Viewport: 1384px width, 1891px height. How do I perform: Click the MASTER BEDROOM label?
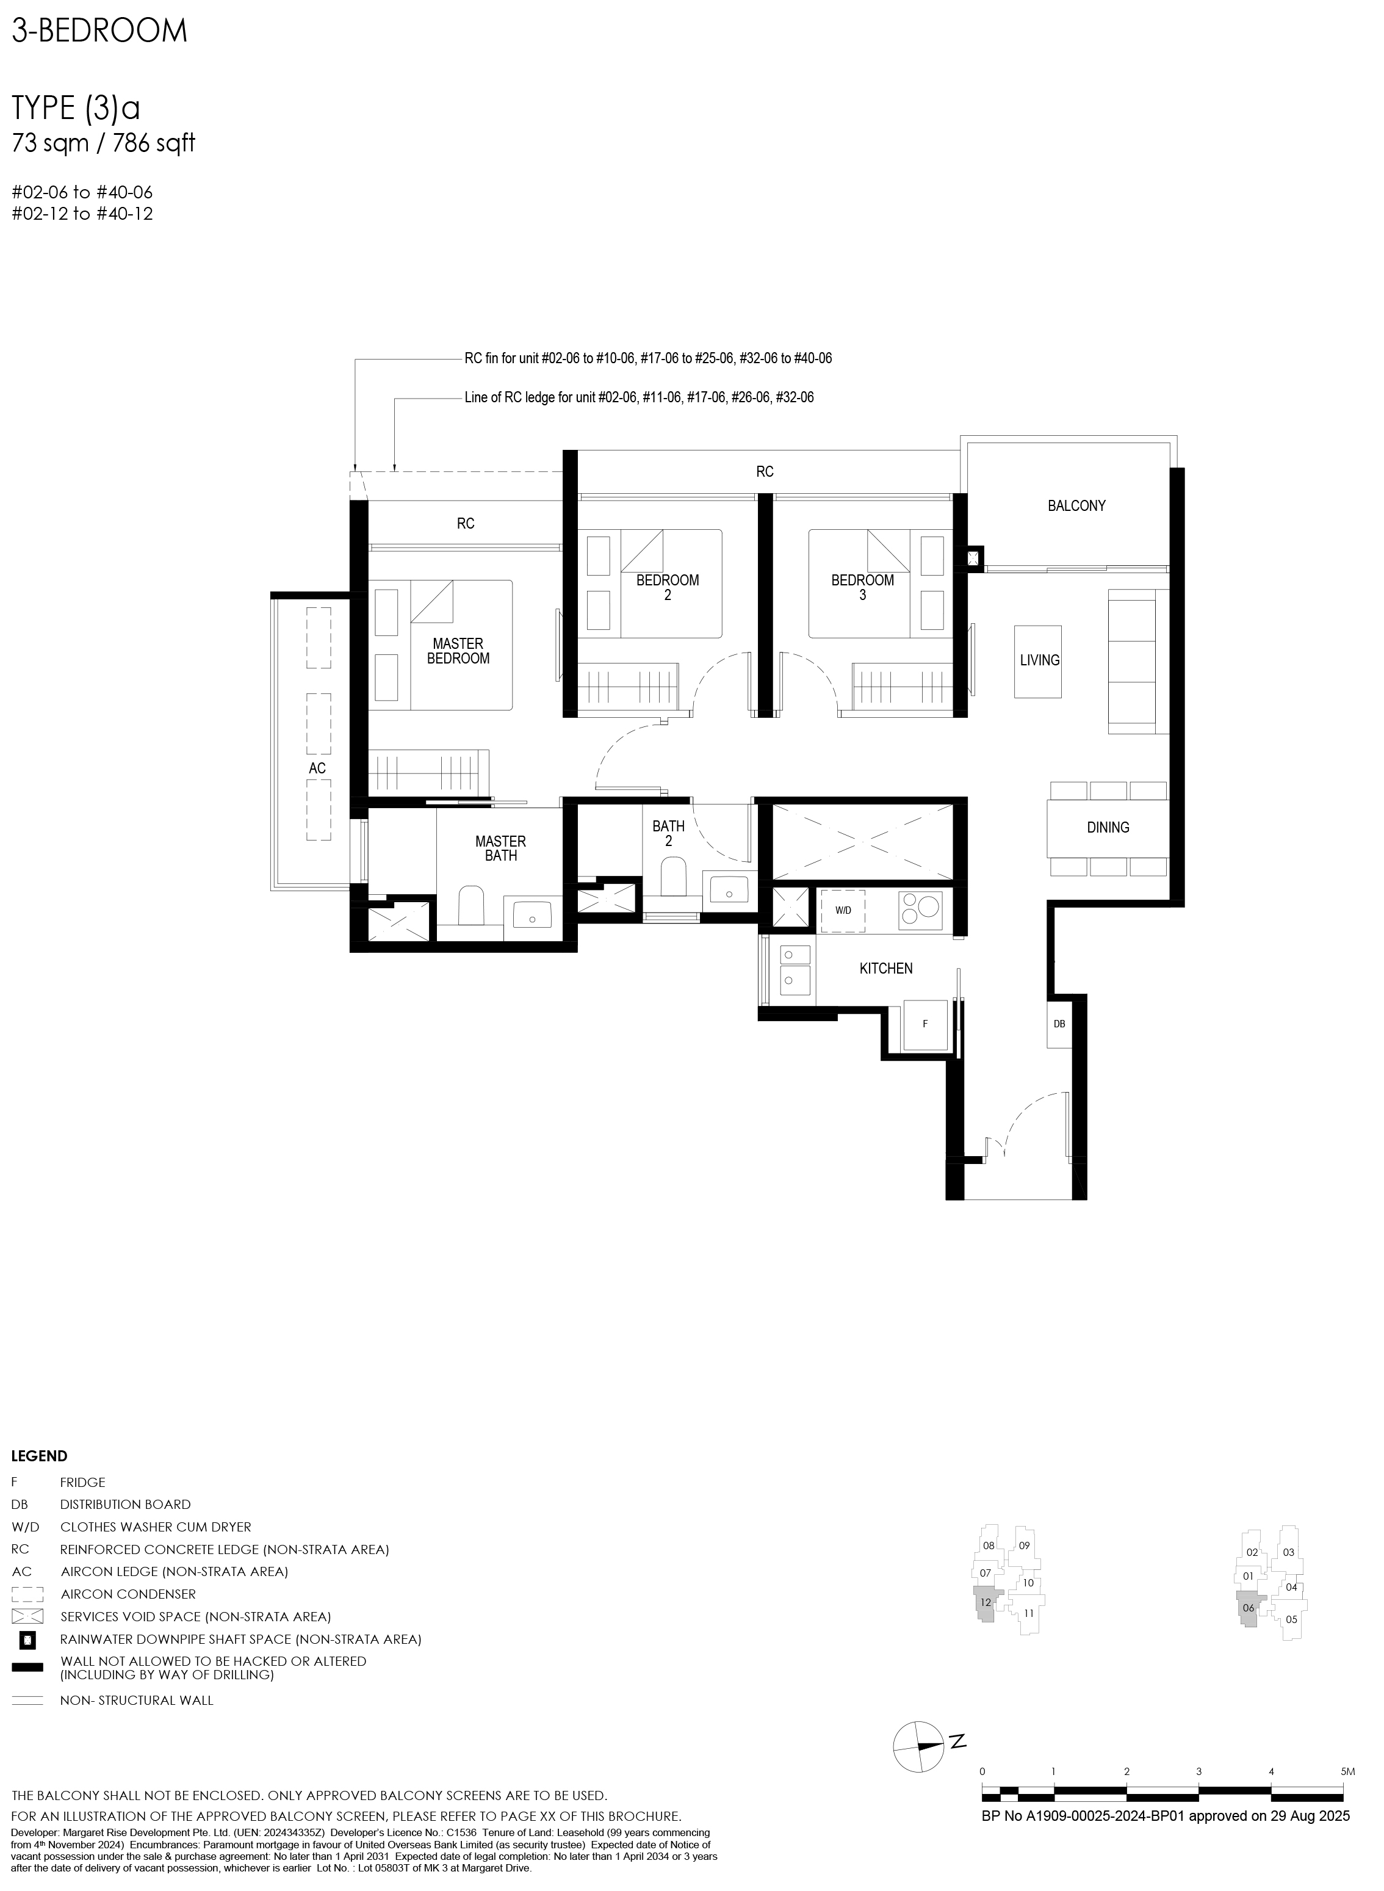click(458, 651)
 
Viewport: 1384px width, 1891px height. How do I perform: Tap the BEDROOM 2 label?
click(668, 587)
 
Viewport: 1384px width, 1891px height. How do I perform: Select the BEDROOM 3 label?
click(863, 587)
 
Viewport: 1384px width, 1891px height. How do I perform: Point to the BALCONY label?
click(1076, 506)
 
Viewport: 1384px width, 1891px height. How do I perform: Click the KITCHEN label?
click(887, 969)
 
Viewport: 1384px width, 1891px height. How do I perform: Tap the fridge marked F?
click(925, 1025)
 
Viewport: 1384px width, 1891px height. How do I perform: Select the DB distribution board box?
click(1059, 1023)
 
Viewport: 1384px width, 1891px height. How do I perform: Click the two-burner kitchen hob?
click(921, 911)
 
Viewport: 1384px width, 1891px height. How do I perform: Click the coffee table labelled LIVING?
click(1038, 661)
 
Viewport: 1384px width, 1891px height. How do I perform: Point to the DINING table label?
click(1108, 828)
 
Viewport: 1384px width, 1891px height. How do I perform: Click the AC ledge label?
click(317, 768)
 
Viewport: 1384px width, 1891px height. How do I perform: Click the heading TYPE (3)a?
click(76, 108)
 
